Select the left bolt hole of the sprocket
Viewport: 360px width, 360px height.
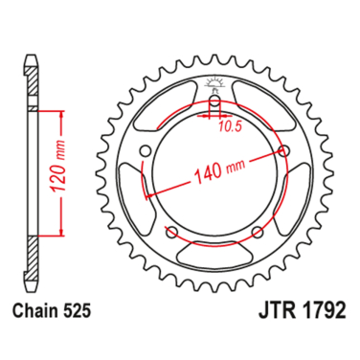[145, 150]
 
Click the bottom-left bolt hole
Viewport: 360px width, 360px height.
[170, 232]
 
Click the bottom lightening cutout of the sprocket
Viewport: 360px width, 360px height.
[214, 253]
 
